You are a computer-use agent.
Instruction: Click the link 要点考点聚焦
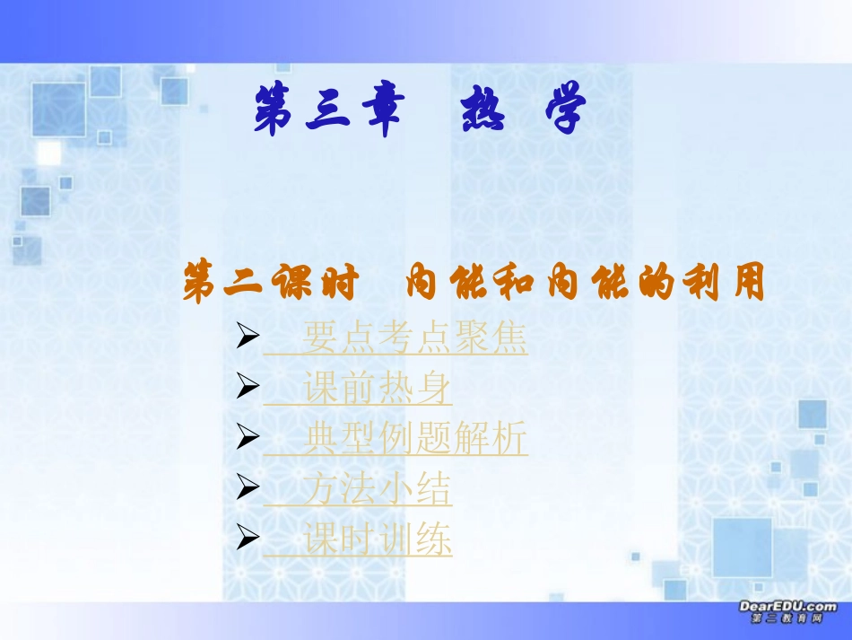(414, 339)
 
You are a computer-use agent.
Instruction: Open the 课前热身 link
(377, 390)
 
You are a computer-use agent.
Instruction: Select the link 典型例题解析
(414, 440)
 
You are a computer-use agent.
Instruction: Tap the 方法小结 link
(377, 489)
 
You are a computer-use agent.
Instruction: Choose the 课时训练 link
(377, 540)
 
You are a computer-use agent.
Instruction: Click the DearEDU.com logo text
(787, 607)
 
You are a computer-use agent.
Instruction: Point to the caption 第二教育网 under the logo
(787, 619)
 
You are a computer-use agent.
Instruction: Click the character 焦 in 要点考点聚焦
(510, 339)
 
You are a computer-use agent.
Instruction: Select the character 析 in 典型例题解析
(510, 440)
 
